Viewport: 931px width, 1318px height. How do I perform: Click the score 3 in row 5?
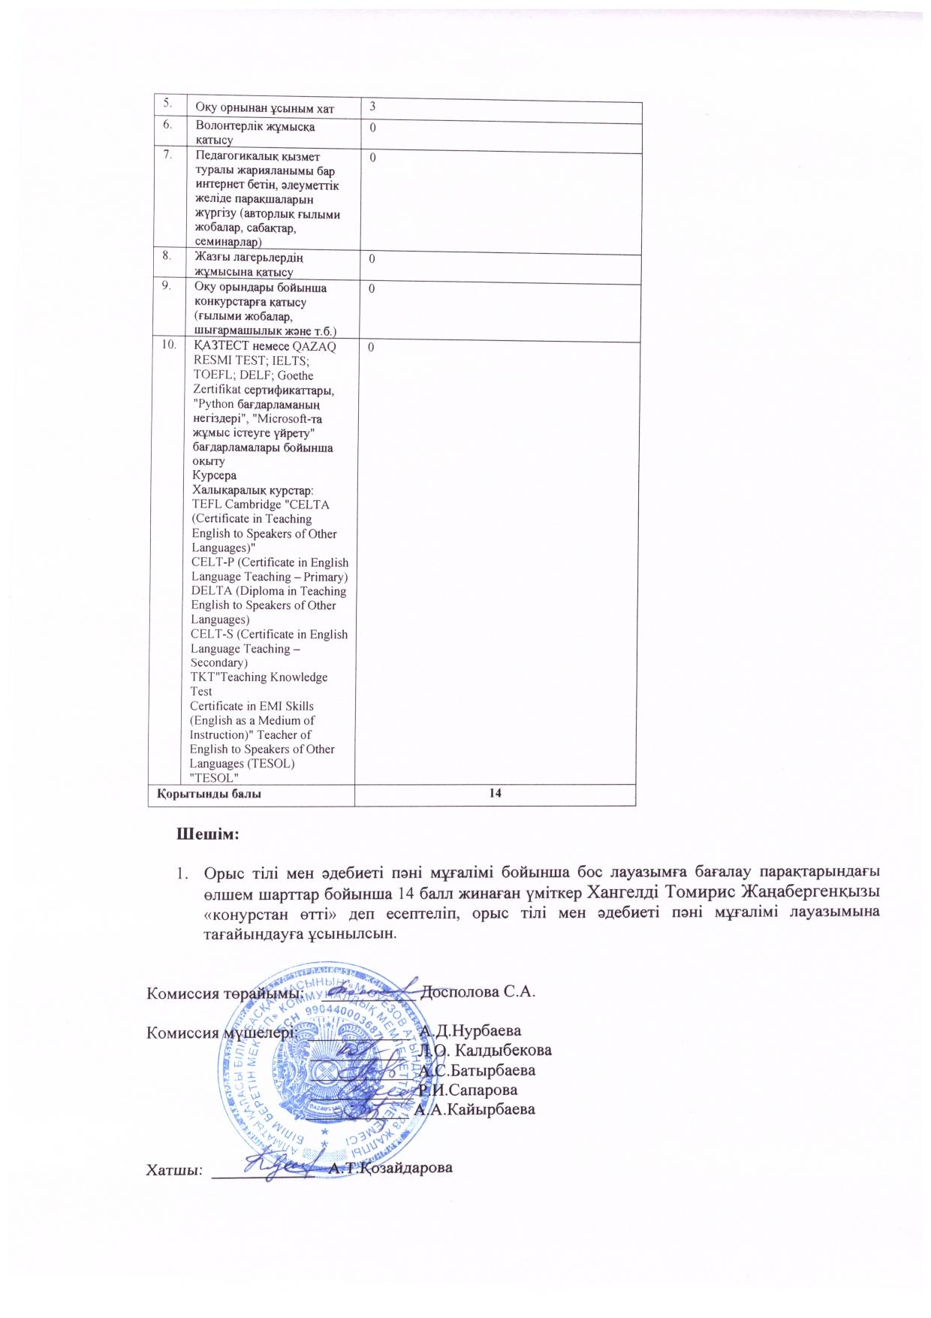point(371,108)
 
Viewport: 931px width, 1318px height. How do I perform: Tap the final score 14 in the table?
point(495,794)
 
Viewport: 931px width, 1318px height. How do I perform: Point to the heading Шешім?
point(207,834)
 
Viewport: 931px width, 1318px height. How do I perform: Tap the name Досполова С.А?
point(478,991)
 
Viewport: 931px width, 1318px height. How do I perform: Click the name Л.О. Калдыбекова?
point(487,1049)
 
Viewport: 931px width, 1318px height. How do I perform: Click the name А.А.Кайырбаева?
point(476,1108)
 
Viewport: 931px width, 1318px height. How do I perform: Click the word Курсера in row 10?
point(214,476)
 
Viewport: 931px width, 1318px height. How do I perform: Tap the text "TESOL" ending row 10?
point(215,777)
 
